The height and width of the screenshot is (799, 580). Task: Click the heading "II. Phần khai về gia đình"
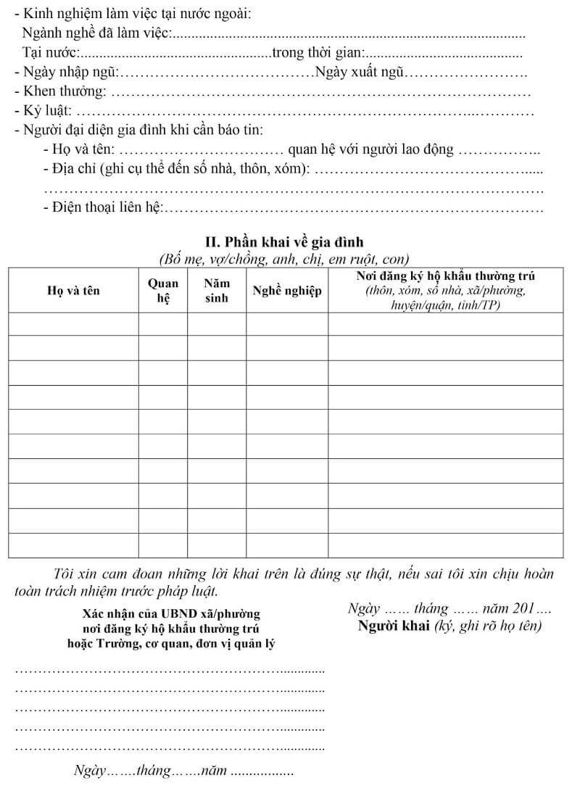coord(284,241)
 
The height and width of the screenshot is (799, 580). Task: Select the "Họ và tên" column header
coord(73,291)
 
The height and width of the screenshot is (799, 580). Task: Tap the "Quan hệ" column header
coord(162,290)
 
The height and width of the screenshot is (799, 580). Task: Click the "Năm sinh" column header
coord(216,290)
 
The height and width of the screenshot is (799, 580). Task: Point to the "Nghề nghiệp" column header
coord(286,291)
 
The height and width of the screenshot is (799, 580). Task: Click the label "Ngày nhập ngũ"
coord(69,73)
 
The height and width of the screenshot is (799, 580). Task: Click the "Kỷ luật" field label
coord(47,111)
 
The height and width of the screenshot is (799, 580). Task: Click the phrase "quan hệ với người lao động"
coord(370,149)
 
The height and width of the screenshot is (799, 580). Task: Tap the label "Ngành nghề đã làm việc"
coord(97,33)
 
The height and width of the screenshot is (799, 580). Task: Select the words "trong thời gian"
coord(318,52)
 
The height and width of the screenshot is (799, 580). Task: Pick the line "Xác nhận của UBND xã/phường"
coord(171,614)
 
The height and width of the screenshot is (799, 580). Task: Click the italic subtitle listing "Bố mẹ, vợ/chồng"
coord(284,259)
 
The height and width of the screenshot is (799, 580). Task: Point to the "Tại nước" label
coord(51,52)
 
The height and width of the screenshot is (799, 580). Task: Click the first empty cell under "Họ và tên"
coord(73,324)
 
